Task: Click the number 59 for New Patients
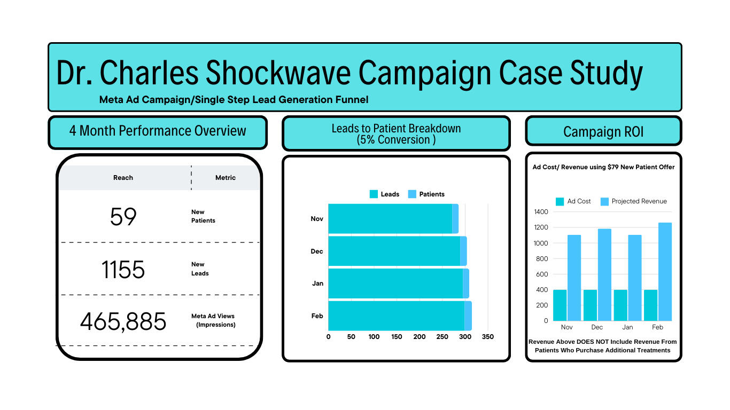tap(123, 217)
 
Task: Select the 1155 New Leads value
tap(123, 269)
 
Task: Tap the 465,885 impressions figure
tap(123, 322)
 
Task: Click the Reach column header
tap(123, 177)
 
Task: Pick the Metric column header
tap(225, 177)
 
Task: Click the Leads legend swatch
tap(374, 194)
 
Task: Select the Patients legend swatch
tap(412, 194)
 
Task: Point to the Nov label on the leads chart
tap(317, 219)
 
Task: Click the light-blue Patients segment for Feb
tap(468, 316)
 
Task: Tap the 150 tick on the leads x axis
tap(397, 337)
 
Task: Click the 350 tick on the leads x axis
tap(488, 337)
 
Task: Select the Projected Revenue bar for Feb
tap(665, 272)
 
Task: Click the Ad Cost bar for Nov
tap(560, 305)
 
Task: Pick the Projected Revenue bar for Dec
tap(604, 275)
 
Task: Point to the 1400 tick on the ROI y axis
tap(541, 212)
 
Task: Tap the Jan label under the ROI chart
tap(627, 327)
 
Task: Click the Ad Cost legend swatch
tap(560, 202)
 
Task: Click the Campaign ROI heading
tap(603, 132)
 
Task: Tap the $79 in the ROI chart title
tap(613, 167)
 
